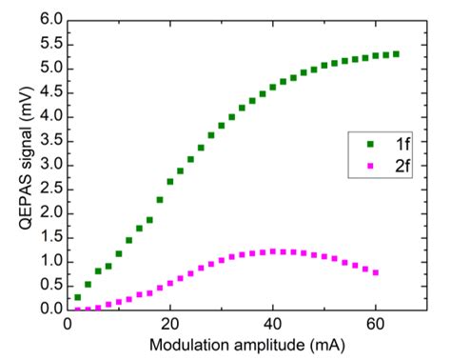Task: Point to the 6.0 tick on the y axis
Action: point(50,20)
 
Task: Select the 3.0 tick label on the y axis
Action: point(50,165)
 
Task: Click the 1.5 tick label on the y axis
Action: point(50,237)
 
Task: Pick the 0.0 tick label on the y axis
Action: point(50,310)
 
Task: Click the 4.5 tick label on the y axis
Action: point(50,92)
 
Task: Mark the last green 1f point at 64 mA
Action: point(396,54)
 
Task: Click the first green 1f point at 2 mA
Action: point(78,297)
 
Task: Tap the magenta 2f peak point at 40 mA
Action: point(273,251)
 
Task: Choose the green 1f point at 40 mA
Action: point(273,87)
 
